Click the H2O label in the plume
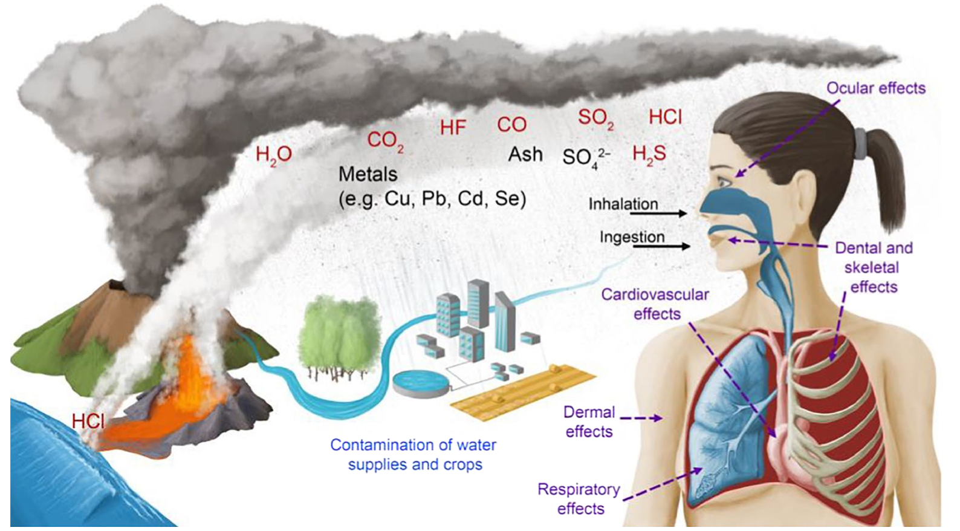tap(274, 155)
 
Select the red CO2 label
tap(385, 141)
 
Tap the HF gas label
tap(453, 128)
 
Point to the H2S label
tap(649, 155)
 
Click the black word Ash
tap(525, 155)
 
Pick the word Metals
tap(368, 174)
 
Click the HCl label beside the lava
tap(88, 421)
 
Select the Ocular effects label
tap(875, 88)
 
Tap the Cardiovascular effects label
tap(655, 304)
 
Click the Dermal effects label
tap(589, 422)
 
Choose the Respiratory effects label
tap(579, 498)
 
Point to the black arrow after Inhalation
tap(673, 213)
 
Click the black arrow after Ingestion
tap(678, 246)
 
